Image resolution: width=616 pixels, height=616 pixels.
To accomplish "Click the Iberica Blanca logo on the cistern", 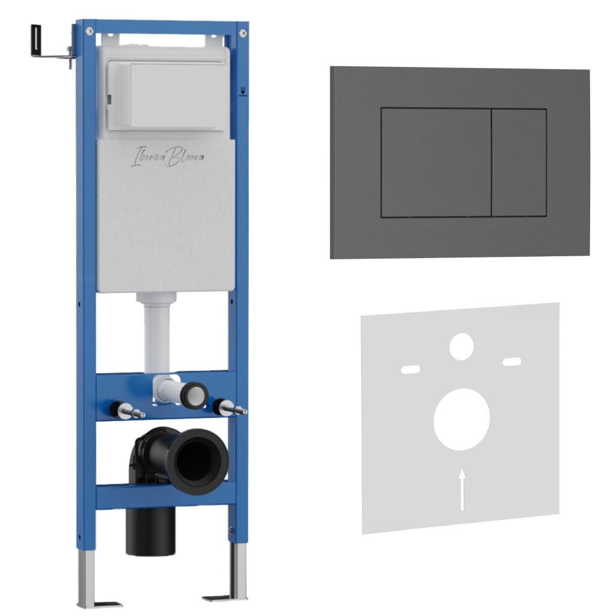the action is coord(168,157).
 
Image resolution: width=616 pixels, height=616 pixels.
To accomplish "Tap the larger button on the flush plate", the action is coord(436,162).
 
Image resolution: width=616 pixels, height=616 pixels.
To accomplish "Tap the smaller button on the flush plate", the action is coord(519,162).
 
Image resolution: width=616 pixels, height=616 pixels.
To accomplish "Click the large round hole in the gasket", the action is coord(461,419).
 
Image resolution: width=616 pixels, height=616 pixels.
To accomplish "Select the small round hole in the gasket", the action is coord(461,346).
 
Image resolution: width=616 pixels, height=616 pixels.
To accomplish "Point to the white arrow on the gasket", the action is coord(463,490).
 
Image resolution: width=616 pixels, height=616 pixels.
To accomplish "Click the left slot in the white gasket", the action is coord(410,369).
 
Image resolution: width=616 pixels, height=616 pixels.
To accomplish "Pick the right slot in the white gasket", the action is coord(513,362).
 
